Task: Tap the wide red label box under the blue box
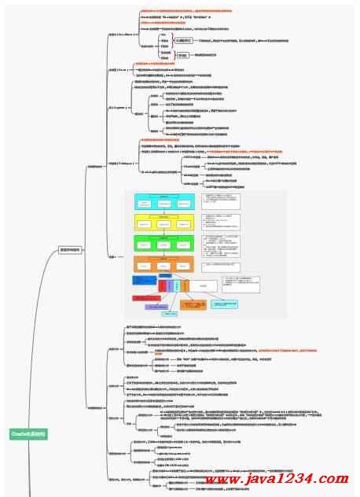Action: click(x=150, y=299)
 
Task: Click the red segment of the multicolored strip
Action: click(x=162, y=285)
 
